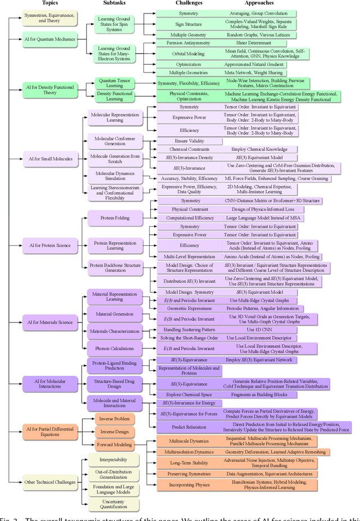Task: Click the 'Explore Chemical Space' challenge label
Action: click(x=184, y=393)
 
